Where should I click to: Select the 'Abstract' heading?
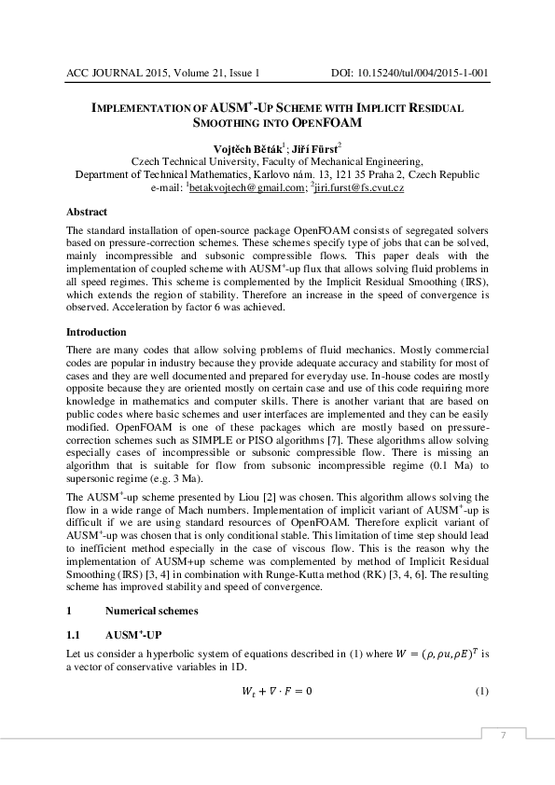[87, 213]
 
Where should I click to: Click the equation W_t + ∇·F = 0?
[276, 691]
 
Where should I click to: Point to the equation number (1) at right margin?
[482, 691]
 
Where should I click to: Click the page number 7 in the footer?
[503, 737]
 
